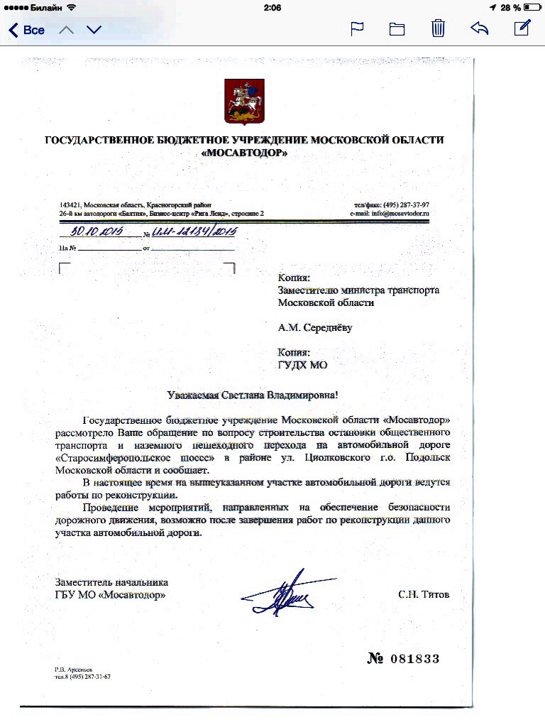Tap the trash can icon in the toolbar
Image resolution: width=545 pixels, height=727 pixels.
(x=439, y=29)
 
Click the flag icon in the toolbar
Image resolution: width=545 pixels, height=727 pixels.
(x=358, y=29)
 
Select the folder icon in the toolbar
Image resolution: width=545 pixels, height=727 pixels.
(x=397, y=29)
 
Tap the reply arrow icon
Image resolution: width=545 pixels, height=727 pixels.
(x=480, y=29)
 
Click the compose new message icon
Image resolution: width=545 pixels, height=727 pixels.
(x=522, y=28)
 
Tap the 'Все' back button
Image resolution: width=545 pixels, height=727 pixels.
(x=27, y=30)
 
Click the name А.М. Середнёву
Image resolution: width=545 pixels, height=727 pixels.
(x=315, y=328)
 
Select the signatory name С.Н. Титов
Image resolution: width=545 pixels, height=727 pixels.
(x=423, y=594)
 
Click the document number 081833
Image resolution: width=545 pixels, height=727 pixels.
(x=414, y=659)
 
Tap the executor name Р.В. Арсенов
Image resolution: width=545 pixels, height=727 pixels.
(x=73, y=669)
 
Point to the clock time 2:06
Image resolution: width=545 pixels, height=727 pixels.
(x=272, y=7)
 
